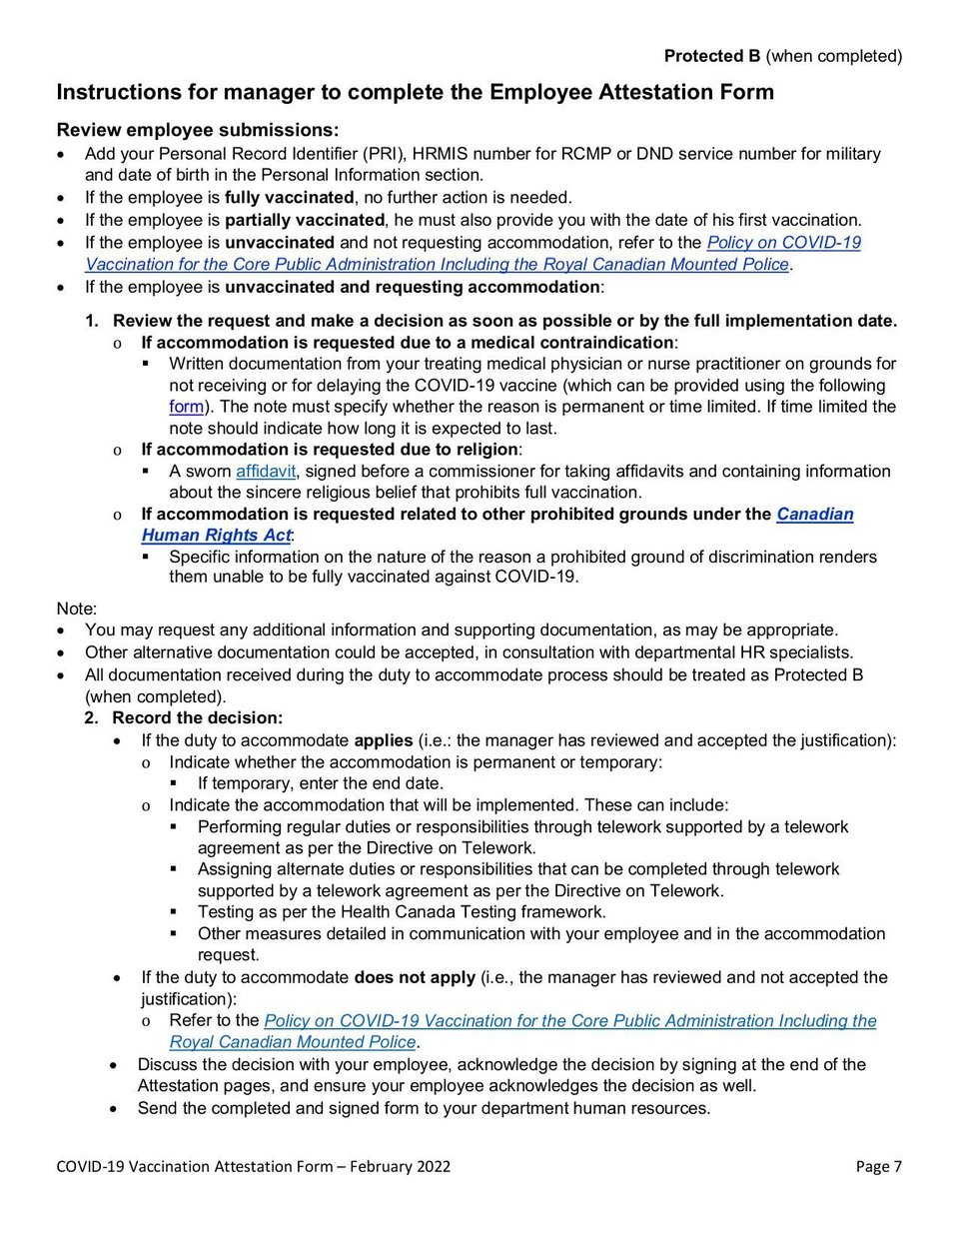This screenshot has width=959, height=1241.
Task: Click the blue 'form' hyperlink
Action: click(186, 407)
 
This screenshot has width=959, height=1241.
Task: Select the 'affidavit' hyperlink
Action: click(266, 471)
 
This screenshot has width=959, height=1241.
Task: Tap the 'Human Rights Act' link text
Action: click(216, 536)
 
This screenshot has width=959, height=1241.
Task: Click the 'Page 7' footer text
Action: click(878, 1166)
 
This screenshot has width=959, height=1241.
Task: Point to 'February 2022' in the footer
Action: click(400, 1166)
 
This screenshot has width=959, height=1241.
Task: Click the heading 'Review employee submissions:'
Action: click(198, 130)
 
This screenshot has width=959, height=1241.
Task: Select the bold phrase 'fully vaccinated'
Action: click(289, 198)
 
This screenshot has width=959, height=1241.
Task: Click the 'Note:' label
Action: click(77, 609)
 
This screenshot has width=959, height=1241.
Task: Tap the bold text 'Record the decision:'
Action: click(197, 718)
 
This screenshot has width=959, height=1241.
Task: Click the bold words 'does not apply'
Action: click(415, 977)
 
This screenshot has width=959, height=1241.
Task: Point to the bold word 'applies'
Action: click(384, 740)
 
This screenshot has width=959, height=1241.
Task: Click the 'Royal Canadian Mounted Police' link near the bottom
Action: click(293, 1042)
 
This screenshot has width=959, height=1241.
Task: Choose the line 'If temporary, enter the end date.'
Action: click(320, 783)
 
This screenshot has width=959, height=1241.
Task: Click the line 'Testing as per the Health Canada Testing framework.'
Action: click(402, 911)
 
